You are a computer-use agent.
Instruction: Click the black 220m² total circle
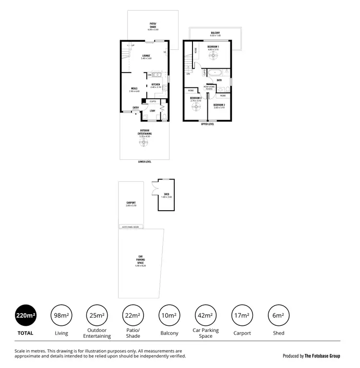coord(26,315)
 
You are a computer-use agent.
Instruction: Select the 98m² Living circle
coord(61,315)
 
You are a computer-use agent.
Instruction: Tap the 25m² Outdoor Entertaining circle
coord(96,315)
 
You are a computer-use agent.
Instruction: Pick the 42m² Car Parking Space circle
coord(205,315)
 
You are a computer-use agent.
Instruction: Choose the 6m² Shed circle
coord(278,315)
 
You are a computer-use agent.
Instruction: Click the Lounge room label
coord(146,56)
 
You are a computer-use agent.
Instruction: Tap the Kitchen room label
coord(156,84)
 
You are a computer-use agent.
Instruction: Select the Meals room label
coord(134,88)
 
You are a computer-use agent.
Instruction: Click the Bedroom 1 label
coord(213,47)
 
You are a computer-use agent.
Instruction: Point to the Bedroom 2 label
coord(219,104)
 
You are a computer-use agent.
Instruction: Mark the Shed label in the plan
coord(167,194)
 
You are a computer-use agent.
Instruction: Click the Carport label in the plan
coord(131,202)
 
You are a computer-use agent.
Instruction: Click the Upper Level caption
coord(208,124)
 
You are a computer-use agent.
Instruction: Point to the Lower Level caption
coord(144,162)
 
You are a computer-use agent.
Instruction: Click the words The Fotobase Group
coord(322,356)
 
